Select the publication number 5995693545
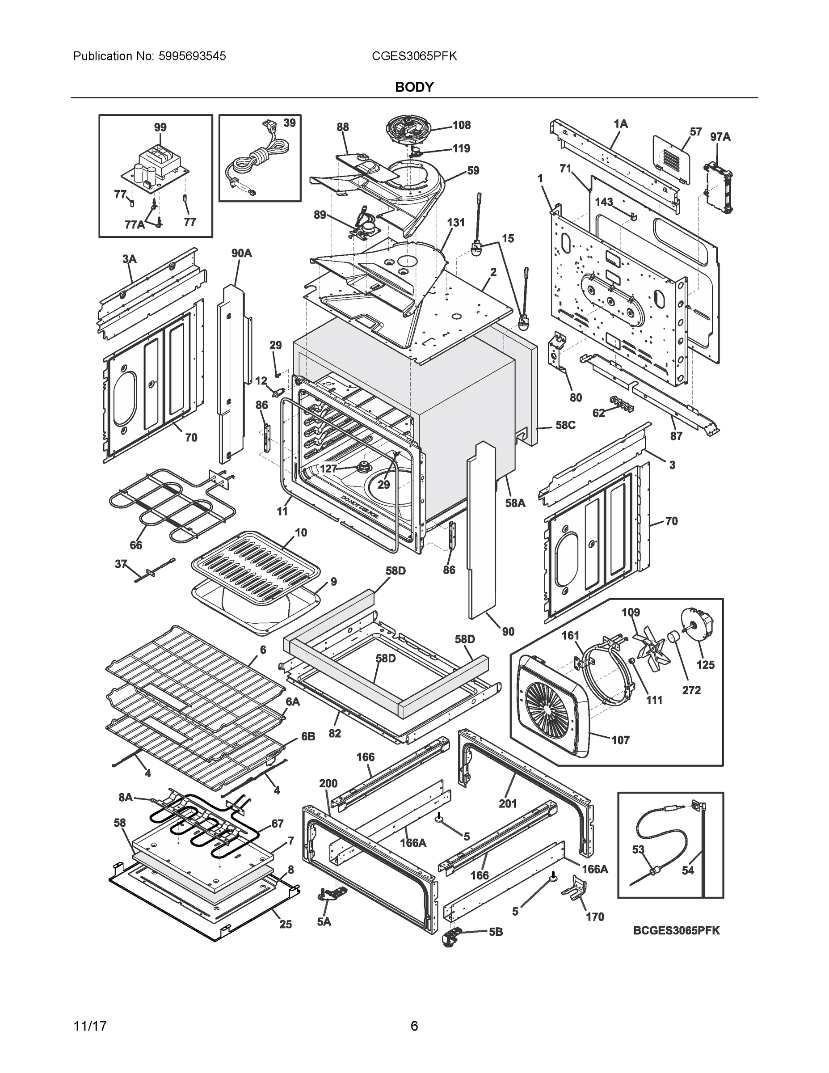tap(192, 56)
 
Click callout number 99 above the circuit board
tap(160, 127)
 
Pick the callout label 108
tap(461, 125)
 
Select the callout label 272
tap(691, 690)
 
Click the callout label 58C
tap(565, 425)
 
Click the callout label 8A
tap(126, 798)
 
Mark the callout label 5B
tap(496, 932)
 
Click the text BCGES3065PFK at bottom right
tap(676, 930)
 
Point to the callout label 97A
tap(720, 137)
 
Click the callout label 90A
tap(241, 253)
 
